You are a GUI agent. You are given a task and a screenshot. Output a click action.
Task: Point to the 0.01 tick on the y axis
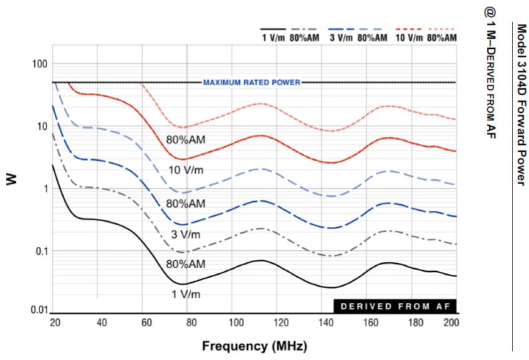(x=39, y=310)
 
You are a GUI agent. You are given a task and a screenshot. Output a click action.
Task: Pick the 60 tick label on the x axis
(x=146, y=322)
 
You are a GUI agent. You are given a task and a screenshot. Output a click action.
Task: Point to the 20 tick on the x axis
(x=55, y=322)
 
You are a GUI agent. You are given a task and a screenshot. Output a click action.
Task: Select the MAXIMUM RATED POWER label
(x=252, y=82)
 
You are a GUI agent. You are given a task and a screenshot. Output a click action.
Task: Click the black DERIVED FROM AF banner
(x=394, y=306)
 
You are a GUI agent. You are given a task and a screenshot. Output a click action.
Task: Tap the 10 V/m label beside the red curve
(x=187, y=170)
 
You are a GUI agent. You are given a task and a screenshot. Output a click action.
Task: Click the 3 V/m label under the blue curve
(x=186, y=234)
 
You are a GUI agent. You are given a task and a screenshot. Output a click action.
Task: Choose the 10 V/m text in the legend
(x=409, y=37)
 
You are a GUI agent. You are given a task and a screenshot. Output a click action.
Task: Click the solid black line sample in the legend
(x=274, y=29)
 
